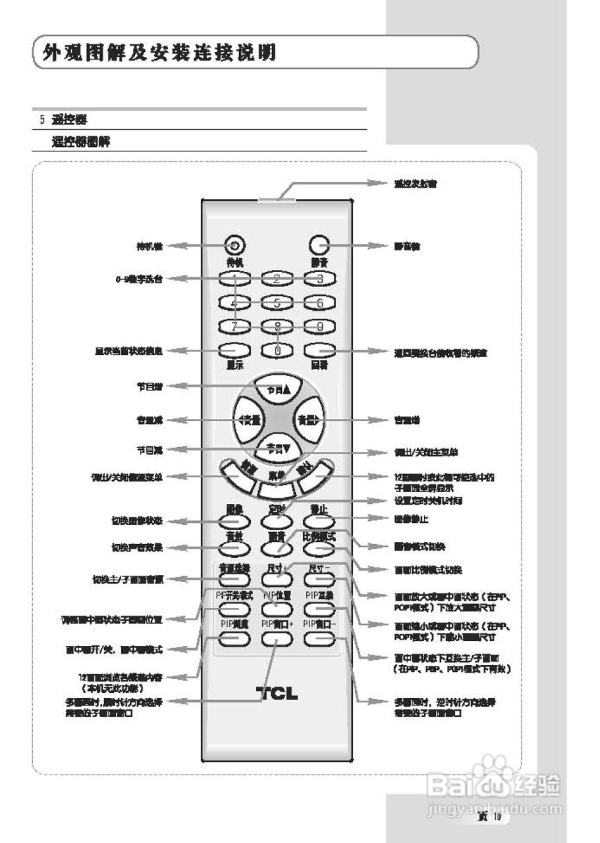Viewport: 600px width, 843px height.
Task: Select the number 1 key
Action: [x=234, y=279]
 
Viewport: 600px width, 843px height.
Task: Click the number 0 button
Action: [x=277, y=350]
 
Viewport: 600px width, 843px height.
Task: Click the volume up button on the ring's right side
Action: [x=308, y=419]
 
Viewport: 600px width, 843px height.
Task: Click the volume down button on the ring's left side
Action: [x=247, y=419]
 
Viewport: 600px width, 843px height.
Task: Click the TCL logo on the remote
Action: [x=277, y=693]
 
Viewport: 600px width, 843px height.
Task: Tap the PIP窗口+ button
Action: [x=277, y=637]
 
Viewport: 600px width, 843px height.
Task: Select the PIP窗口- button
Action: [x=319, y=637]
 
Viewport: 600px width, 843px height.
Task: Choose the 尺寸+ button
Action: [x=277, y=579]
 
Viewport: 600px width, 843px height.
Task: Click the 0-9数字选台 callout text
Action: [x=136, y=279]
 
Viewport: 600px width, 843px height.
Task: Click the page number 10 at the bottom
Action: [x=497, y=817]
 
